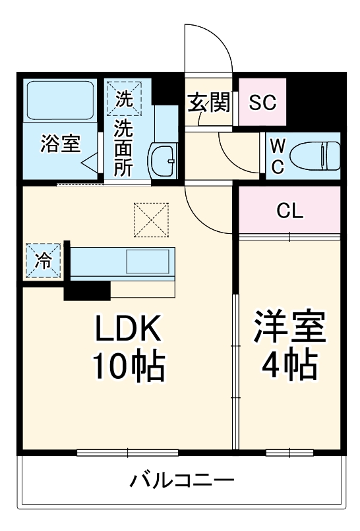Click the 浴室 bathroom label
coord(61,144)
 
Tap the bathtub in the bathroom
coord(60,99)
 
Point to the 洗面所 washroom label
coord(123,148)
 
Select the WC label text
coord(278,156)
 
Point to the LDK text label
coord(129,328)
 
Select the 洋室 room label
coord(290,328)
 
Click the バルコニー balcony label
coord(181,480)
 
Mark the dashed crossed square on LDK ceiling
coord(152,219)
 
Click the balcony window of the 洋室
coord(289,453)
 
